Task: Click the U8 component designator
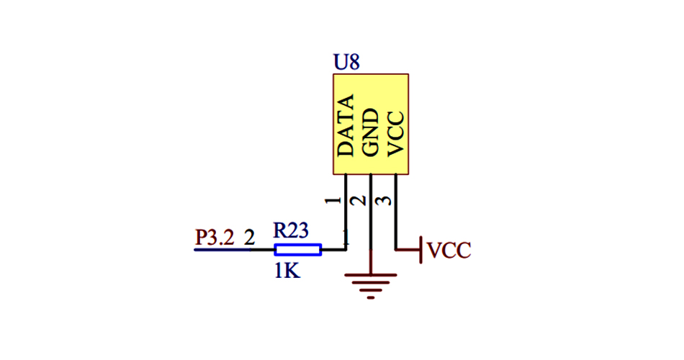[x=346, y=62]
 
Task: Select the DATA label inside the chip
[x=346, y=126]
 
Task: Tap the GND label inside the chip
[x=370, y=132]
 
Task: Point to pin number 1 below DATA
[x=333, y=199]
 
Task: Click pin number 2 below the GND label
[x=358, y=199]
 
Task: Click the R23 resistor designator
[x=291, y=230]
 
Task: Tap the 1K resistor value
[x=286, y=271]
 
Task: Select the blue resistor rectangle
[x=297, y=250]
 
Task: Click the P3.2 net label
[x=215, y=237]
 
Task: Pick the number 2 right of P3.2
[x=249, y=237]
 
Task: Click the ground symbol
[x=371, y=285]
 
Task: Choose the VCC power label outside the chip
[x=449, y=251]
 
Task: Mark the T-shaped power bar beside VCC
[x=420, y=250]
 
